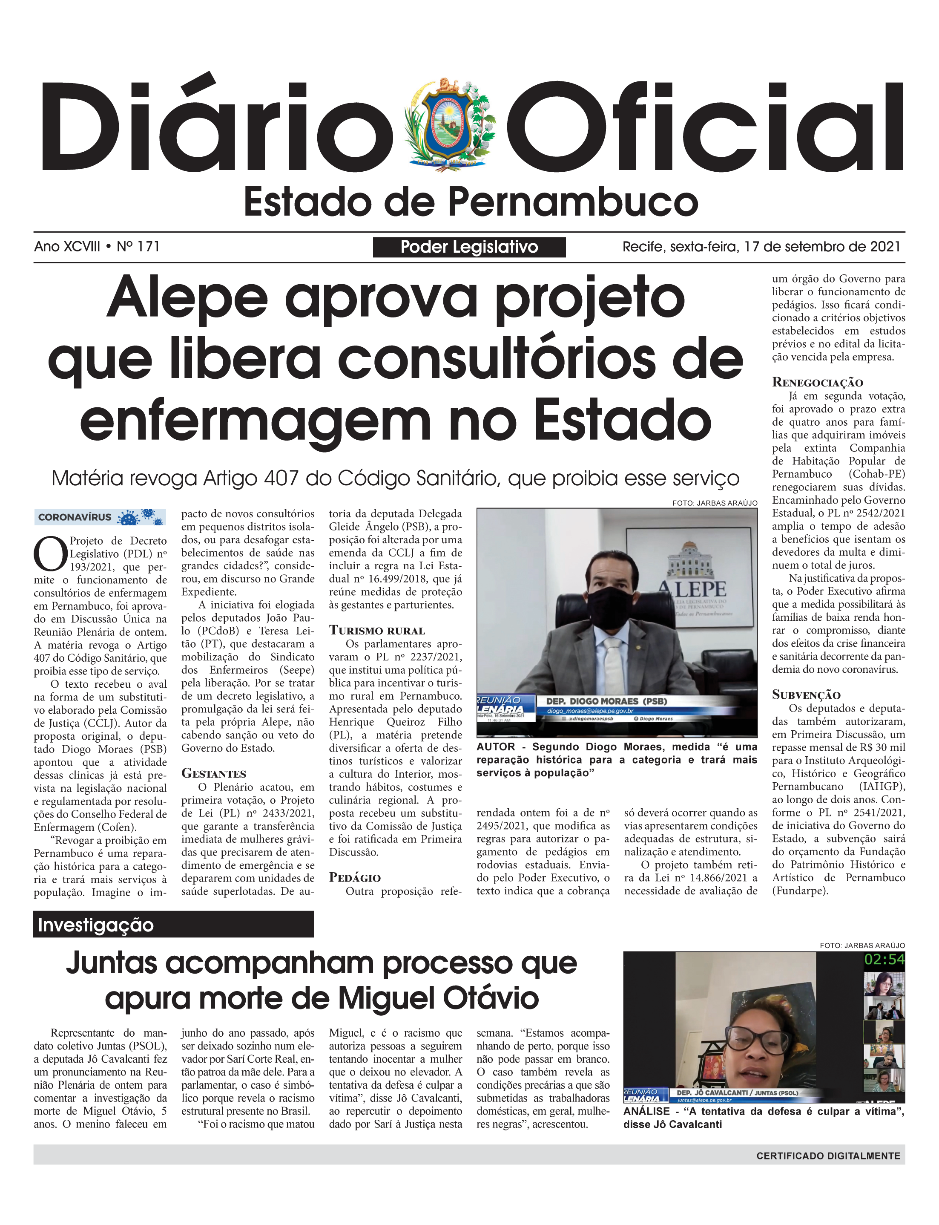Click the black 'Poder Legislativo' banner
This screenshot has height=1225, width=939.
pyautogui.click(x=469, y=247)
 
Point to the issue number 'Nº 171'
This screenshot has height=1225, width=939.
pyautogui.click(x=138, y=247)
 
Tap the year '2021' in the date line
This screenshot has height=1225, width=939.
pyautogui.click(x=884, y=247)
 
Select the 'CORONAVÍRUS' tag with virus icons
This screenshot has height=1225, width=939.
pyautogui.click(x=100, y=517)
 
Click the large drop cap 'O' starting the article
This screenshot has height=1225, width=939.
pyautogui.click(x=50, y=554)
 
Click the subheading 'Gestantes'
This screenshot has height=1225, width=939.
pyautogui.click(x=213, y=774)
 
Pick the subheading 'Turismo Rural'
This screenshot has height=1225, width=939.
pyautogui.click(x=377, y=631)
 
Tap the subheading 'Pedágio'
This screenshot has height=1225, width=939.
pyautogui.click(x=354, y=877)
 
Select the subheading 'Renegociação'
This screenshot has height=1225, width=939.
pyautogui.click(x=817, y=383)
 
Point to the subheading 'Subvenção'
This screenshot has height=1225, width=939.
pyautogui.click(x=806, y=695)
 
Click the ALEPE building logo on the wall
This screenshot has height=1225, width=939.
pyautogui.click(x=692, y=570)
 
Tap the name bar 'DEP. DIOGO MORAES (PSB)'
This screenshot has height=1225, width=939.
pyautogui.click(x=606, y=701)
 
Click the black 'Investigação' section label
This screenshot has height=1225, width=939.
pyautogui.click(x=173, y=925)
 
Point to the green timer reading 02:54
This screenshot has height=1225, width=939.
pyautogui.click(x=884, y=960)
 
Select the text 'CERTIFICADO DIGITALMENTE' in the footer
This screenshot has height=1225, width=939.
pyautogui.click(x=828, y=1156)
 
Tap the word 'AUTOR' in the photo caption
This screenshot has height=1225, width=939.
pyautogui.click(x=496, y=747)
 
